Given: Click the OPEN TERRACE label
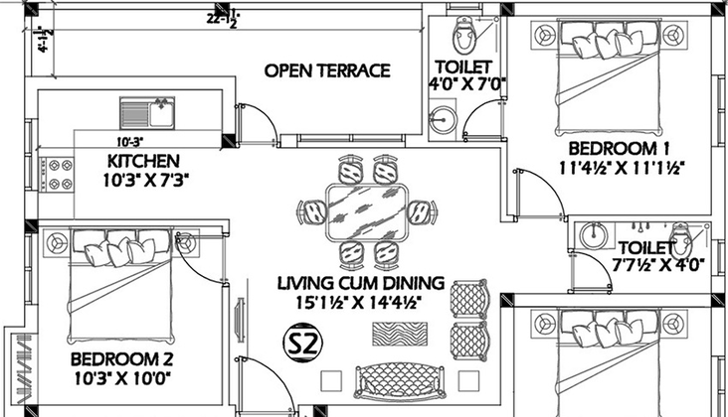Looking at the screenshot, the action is pos(327,70).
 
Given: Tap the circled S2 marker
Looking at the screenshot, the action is pos(302,343).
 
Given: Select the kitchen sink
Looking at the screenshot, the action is pos(147,112).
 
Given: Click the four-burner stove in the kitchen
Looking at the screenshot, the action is pos(57,174).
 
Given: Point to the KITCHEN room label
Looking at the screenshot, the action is pos(143,161).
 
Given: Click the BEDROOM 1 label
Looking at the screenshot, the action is pos(620,148).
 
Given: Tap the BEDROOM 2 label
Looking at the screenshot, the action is pos(121,359).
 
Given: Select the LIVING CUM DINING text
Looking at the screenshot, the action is pos(361,283).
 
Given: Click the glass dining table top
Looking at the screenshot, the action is pos(368,211).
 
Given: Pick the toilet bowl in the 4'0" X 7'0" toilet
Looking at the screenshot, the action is pos(462,35).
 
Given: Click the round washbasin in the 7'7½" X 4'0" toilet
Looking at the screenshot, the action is pos(594,235).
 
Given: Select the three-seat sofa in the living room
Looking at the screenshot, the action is pos(399,382).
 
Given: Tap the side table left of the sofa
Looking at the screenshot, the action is pos(331,380).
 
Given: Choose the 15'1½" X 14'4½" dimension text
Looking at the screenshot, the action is pos(359,303).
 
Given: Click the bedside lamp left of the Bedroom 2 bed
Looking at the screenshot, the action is pos(57,242).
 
